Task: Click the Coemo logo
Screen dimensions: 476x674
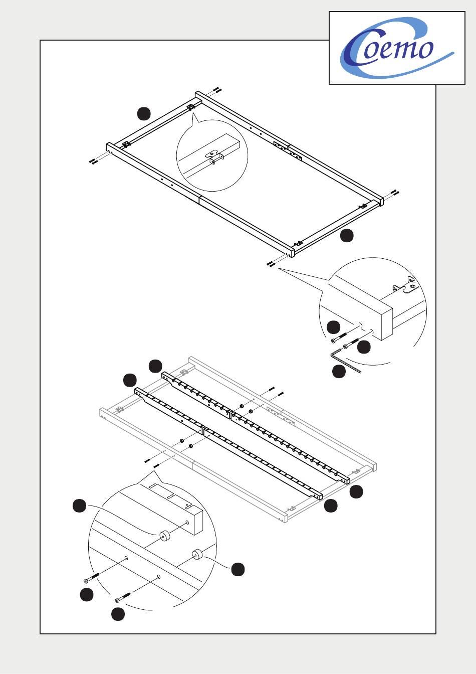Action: pos(397,48)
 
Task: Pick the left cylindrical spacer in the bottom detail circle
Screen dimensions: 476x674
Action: pos(164,536)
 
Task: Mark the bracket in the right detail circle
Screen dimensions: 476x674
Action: pos(406,284)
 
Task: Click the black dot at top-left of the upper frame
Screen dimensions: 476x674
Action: pos(144,114)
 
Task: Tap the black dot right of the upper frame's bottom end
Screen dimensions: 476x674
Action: pos(347,235)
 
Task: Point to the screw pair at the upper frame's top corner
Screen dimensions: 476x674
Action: pos(217,89)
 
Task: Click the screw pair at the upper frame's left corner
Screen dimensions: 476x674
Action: pos(94,161)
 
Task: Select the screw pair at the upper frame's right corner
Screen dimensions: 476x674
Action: pos(395,192)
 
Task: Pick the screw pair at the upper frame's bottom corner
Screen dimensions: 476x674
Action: pos(271,264)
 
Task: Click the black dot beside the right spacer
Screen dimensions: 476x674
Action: pos(238,569)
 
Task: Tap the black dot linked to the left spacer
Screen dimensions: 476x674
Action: pos(79,505)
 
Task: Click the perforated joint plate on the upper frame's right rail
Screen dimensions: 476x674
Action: pos(288,149)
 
